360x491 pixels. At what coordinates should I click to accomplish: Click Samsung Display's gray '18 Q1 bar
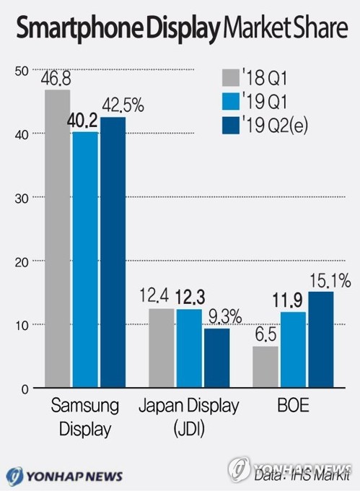coord(57,238)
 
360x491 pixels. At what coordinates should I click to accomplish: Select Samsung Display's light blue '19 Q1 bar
coord(85,259)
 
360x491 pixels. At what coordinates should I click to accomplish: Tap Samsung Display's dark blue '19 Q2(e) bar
coord(113,252)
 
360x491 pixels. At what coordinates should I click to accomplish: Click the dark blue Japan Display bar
coord(216,358)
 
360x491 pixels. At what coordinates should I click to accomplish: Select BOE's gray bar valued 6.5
coord(265,367)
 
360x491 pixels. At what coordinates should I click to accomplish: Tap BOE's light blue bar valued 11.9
coord(293,350)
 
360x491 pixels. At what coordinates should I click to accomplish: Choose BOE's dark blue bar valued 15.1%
coord(320,339)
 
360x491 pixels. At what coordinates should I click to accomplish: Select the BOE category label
coord(292,406)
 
